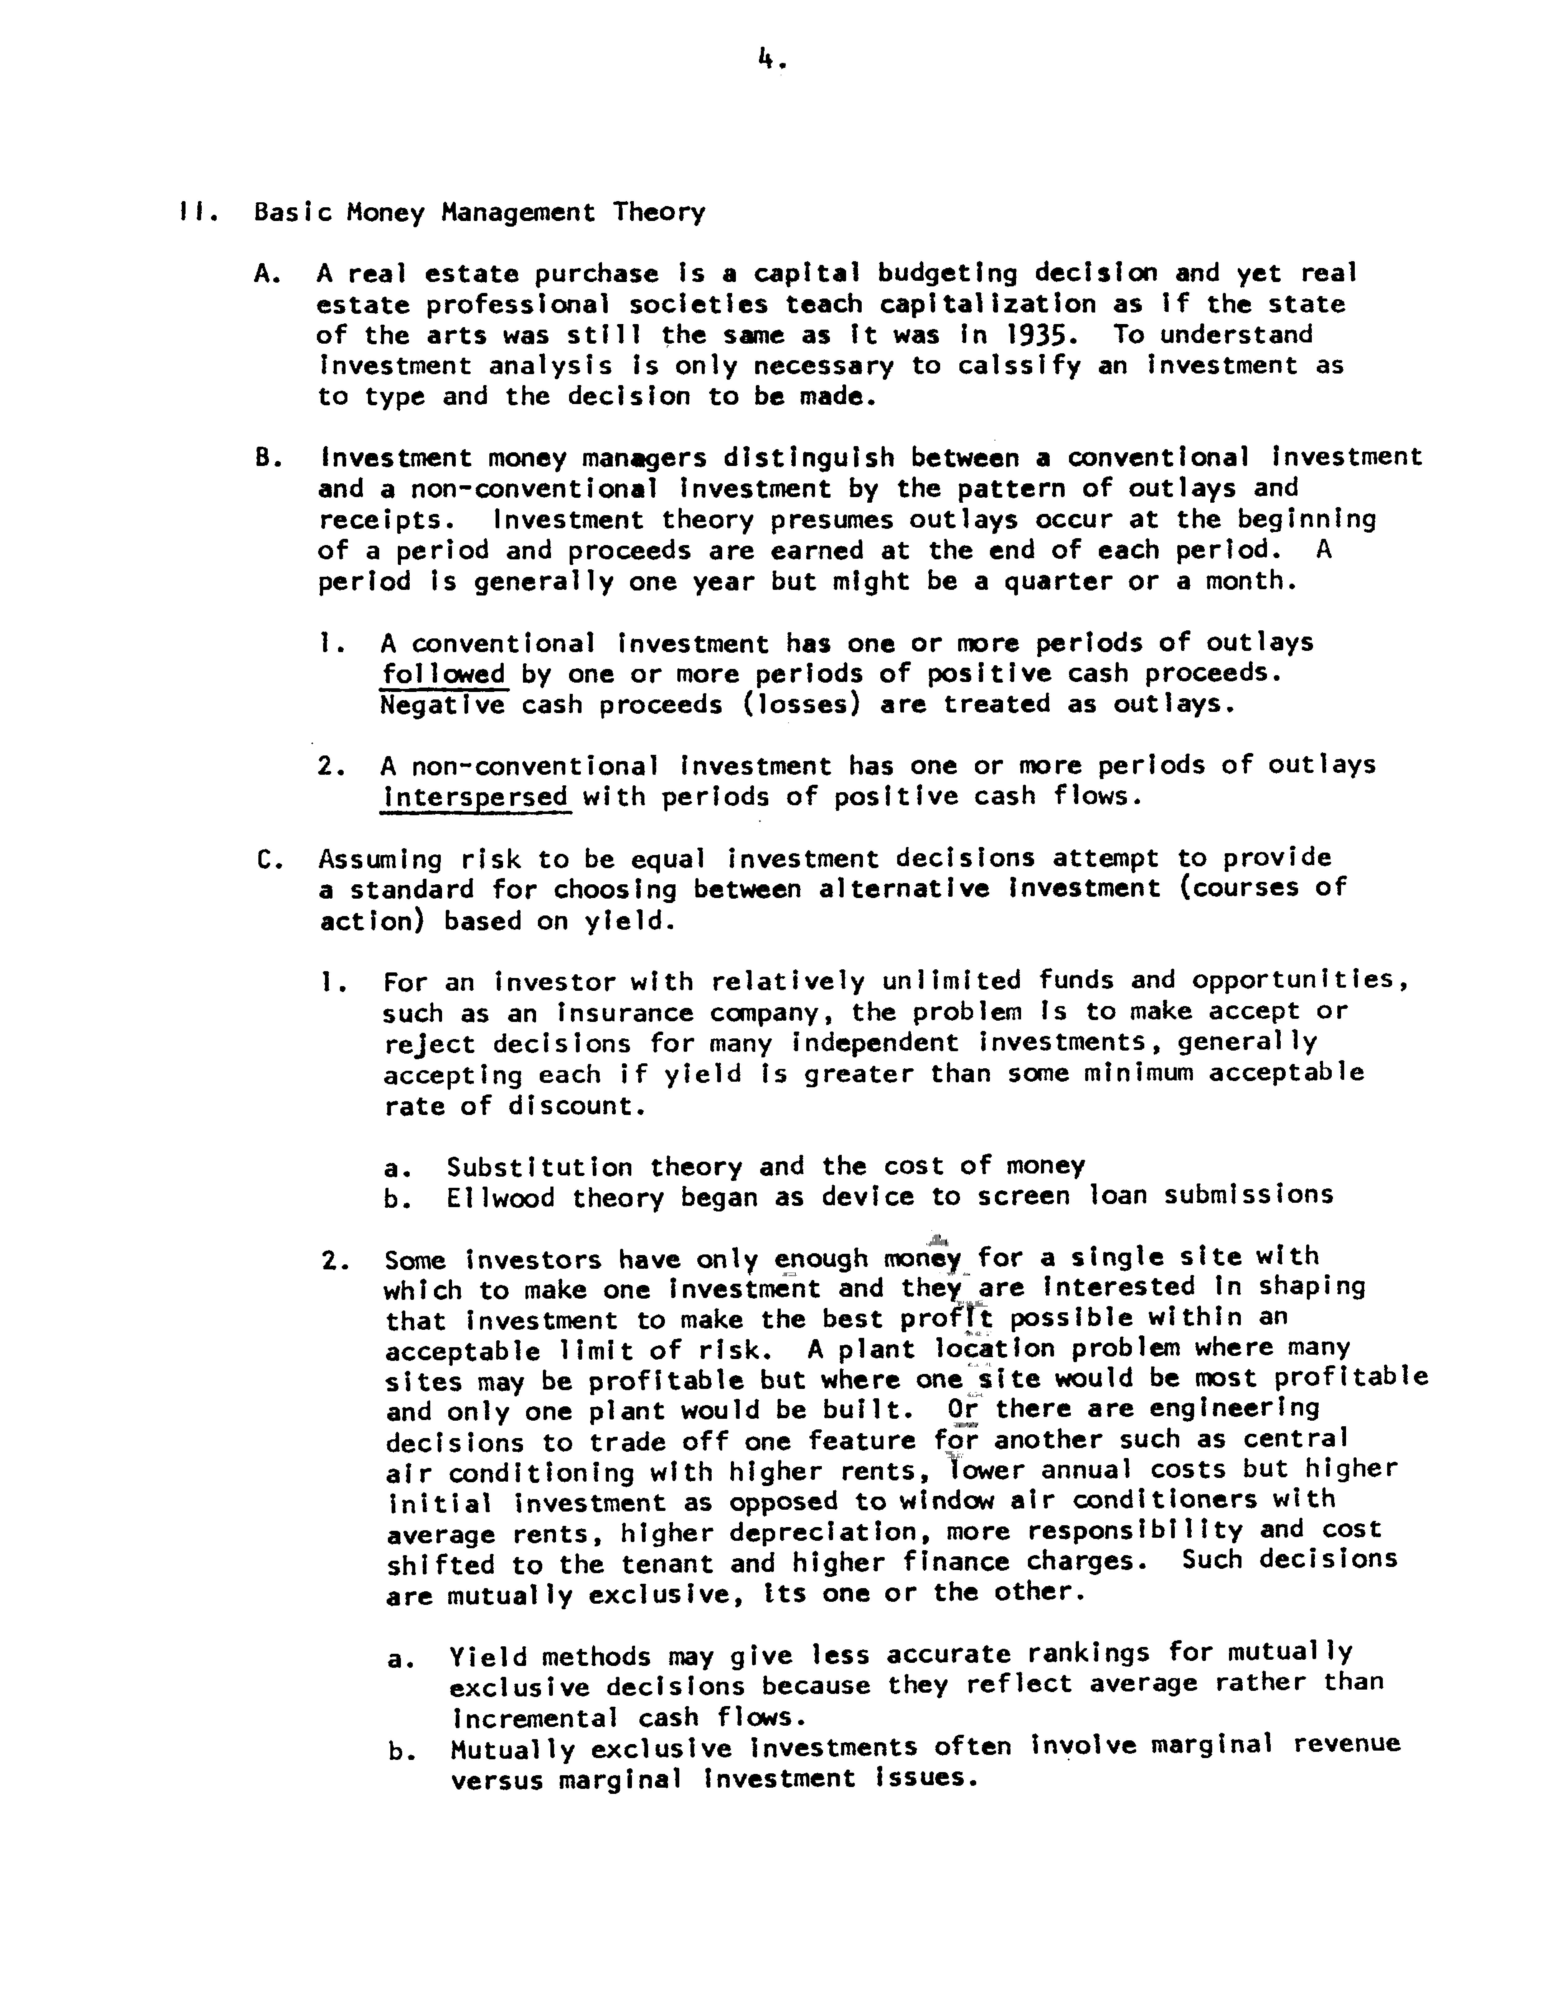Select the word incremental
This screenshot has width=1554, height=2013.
[535, 1718]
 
